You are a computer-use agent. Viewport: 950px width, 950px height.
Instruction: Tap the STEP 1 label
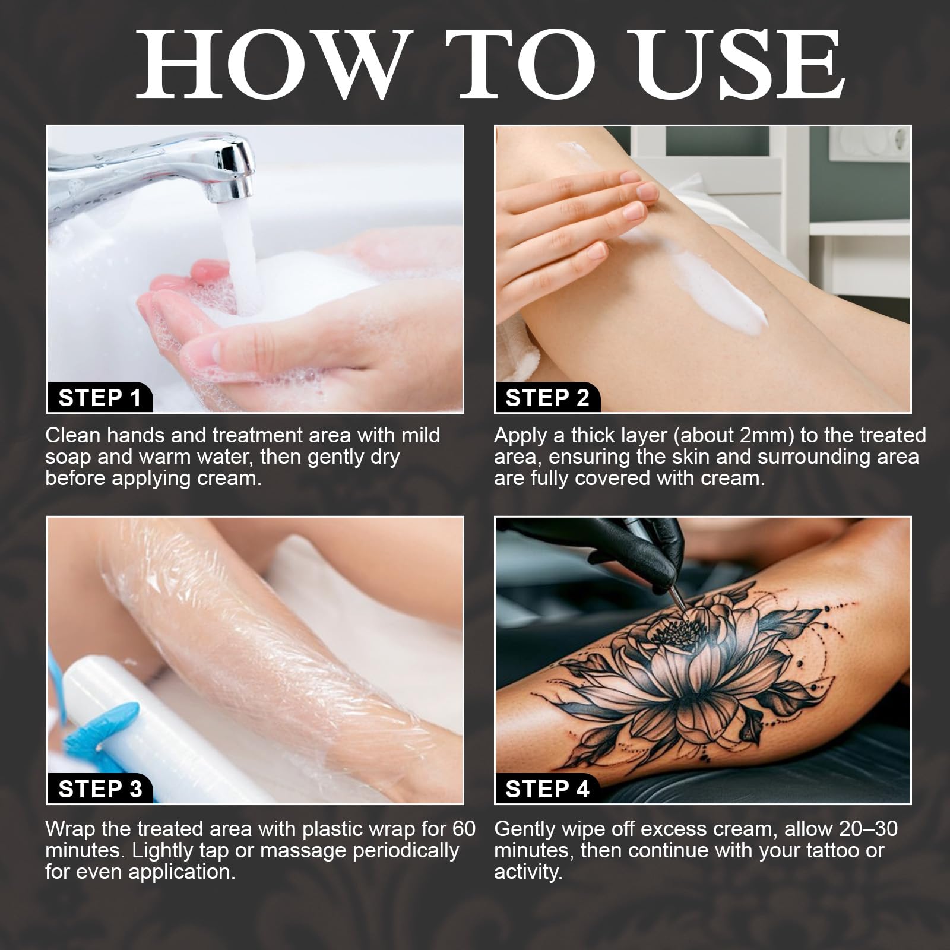[100, 397]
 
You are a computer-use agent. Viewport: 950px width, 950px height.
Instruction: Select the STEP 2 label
[547, 397]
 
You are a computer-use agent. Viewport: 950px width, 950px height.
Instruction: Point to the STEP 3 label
[100, 788]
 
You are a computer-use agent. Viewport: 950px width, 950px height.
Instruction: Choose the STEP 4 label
[547, 788]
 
